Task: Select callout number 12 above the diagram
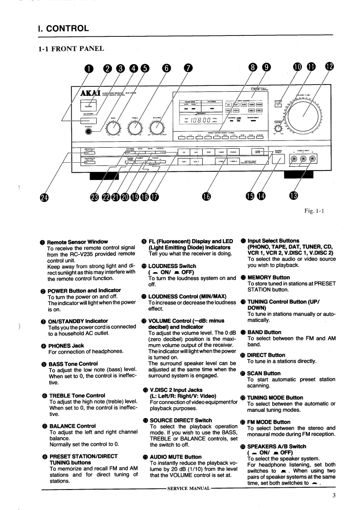tap(330, 68)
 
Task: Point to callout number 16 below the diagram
tap(206, 196)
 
